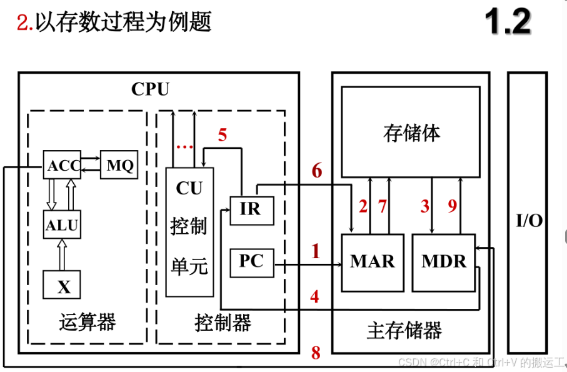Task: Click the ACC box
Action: [63, 165]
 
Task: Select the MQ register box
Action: [119, 165]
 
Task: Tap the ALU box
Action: [63, 225]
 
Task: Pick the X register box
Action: [63, 286]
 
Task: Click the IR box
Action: [251, 209]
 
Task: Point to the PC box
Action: [251, 262]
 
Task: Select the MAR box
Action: [373, 262]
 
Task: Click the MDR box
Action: [444, 262]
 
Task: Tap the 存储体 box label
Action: [411, 133]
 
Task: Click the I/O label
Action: [528, 221]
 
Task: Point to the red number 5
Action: [223, 134]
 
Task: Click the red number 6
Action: [316, 170]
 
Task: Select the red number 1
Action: [316, 252]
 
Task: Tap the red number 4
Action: [315, 296]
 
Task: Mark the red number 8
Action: [316, 353]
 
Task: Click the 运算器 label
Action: [88, 323]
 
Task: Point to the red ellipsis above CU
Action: [184, 147]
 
